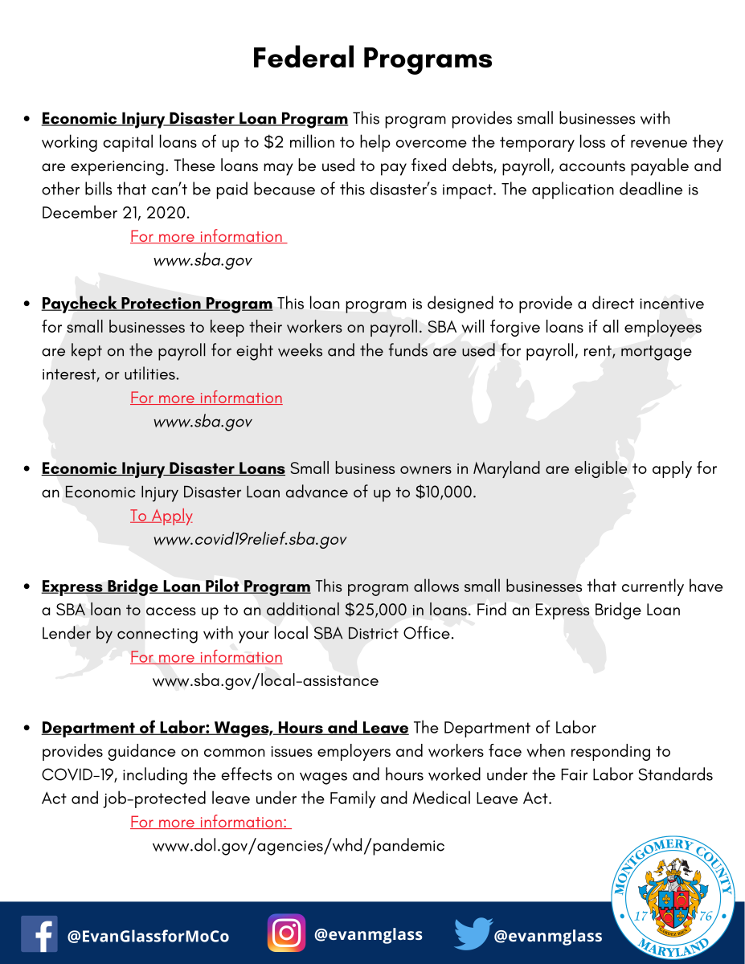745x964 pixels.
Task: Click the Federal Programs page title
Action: [x=372, y=59]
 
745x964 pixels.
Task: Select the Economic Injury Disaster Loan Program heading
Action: [x=194, y=119]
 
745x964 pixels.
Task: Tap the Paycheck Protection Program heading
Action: [x=157, y=304]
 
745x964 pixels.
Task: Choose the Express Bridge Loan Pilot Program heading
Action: [x=175, y=586]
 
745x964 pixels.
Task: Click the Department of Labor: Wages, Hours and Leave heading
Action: [x=225, y=728]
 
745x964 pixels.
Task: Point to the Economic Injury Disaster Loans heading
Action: [x=163, y=468]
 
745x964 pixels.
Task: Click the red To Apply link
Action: [x=162, y=516]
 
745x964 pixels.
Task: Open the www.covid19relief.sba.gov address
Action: [x=249, y=539]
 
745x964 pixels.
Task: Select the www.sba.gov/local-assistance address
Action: [x=265, y=680]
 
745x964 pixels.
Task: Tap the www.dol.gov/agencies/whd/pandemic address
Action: [x=298, y=845]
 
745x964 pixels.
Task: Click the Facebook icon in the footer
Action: [x=39, y=934]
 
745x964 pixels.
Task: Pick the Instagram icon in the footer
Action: [x=286, y=933]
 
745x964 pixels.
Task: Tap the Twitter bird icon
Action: [x=472, y=934]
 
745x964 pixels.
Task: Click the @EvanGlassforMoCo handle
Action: [x=149, y=936]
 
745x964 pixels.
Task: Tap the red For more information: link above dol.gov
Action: [x=209, y=822]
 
